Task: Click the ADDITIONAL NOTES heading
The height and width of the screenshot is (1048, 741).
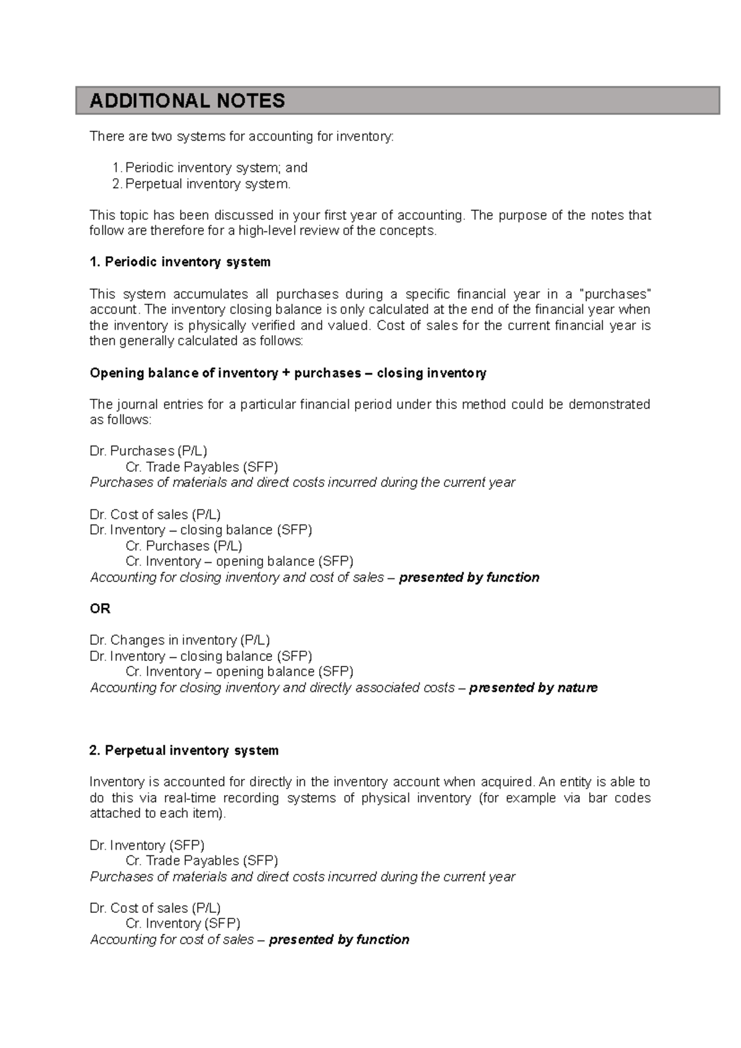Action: [187, 101]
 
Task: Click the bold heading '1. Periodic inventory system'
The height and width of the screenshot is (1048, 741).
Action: [180, 262]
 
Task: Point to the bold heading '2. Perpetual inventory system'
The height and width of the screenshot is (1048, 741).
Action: [184, 751]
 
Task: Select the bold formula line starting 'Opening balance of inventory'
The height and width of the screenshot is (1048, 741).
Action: [288, 373]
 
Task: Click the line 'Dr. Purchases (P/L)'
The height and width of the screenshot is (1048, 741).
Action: [148, 451]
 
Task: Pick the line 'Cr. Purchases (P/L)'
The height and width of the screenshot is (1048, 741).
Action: [183, 546]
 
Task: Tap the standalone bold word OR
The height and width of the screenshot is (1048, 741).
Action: [100, 609]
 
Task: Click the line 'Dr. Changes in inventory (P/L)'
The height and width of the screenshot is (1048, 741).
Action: [180, 640]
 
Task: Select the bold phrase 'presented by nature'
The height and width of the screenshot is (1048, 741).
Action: [533, 688]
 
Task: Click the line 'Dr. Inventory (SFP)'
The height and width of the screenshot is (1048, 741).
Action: [147, 845]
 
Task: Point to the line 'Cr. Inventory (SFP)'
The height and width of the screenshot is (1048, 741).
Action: [183, 923]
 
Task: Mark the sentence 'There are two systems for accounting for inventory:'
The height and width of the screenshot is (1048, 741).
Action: [241, 136]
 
